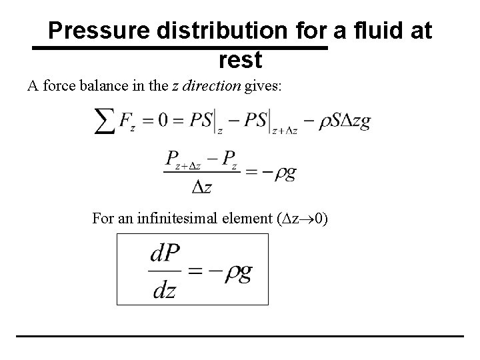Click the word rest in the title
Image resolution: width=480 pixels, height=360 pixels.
240,61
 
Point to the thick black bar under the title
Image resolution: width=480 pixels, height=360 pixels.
181,49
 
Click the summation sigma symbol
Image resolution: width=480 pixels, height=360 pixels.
107,123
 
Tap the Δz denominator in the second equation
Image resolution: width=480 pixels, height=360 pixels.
201,187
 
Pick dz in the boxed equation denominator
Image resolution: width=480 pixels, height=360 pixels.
164,289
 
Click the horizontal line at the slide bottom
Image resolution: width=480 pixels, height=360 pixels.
240,335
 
